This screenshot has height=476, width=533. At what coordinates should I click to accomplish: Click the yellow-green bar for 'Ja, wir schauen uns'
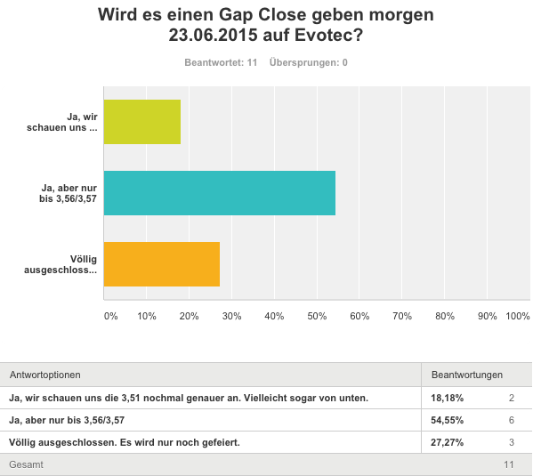142,122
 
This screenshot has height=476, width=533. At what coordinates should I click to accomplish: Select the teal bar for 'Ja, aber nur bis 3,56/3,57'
220,193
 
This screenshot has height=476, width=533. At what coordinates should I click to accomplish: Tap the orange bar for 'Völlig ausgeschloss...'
162,264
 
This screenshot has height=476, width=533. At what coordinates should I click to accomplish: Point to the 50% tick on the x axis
317,316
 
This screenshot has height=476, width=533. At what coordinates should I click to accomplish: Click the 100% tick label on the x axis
517,316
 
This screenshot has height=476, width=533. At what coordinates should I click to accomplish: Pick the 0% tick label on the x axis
110,316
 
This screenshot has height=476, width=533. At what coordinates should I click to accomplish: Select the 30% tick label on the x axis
231,316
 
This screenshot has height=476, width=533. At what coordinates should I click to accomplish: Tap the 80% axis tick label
444,316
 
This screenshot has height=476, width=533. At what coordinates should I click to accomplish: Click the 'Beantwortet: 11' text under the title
220,63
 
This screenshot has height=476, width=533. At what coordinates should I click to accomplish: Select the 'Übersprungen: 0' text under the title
308,63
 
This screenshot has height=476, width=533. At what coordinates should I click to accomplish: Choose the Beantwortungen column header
467,375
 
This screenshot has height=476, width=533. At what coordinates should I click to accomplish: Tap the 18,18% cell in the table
447,398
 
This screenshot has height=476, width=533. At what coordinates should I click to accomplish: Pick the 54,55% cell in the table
447,420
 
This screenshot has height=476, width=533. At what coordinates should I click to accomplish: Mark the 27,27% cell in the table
447,442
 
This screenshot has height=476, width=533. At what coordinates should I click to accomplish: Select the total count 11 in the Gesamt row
509,464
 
